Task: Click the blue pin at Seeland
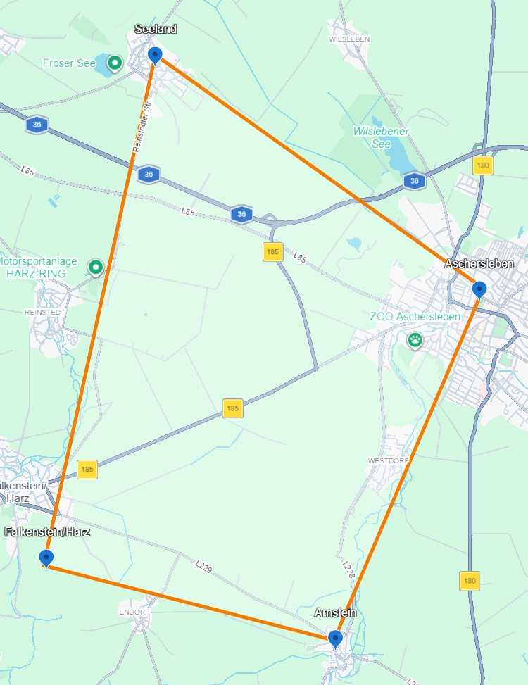[155, 54]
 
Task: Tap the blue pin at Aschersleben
[479, 289]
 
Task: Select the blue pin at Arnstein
[336, 638]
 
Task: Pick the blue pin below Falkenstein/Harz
[46, 558]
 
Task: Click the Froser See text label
[69, 63]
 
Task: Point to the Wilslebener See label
[381, 137]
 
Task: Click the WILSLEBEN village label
[349, 39]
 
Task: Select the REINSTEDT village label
[45, 311]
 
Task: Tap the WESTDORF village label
[388, 460]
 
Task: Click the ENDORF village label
[134, 612]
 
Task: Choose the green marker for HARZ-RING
[96, 267]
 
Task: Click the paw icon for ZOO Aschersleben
[415, 340]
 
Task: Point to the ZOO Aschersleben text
[415, 317]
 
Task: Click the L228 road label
[348, 570]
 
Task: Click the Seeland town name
[156, 29]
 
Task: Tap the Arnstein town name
[335, 613]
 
